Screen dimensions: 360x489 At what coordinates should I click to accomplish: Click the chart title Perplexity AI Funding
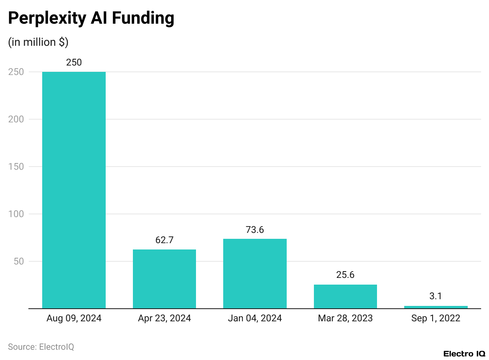tap(91, 19)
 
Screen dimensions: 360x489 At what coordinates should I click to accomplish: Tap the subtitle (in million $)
tap(38, 42)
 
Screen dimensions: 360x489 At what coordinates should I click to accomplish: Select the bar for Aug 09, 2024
tap(74, 190)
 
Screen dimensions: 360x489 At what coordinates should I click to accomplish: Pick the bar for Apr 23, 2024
tap(164, 279)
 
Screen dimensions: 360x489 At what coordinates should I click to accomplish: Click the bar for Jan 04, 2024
tap(255, 274)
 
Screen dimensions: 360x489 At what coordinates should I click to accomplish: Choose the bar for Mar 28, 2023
tap(345, 296)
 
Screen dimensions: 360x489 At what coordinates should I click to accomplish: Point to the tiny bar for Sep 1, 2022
tap(436, 307)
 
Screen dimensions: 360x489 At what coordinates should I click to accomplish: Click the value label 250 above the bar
tap(74, 62)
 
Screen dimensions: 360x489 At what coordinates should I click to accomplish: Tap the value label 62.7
tap(164, 240)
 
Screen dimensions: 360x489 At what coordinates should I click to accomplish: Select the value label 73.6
tap(255, 230)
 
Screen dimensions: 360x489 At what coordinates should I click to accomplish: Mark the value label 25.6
tap(345, 275)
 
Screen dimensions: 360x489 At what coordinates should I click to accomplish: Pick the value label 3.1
tap(436, 296)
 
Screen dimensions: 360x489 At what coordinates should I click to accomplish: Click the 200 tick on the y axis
tap(16, 119)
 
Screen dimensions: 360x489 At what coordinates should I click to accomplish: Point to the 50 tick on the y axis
tap(19, 261)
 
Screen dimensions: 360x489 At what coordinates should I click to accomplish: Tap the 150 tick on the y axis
tap(16, 167)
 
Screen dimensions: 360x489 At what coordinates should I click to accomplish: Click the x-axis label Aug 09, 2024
tap(74, 319)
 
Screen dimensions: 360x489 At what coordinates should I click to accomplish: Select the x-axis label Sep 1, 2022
tap(436, 319)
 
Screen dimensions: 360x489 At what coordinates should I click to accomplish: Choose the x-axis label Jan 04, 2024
tap(255, 319)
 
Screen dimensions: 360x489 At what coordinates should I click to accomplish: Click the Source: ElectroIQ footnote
tap(41, 347)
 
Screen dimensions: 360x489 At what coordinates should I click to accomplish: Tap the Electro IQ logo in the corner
tap(464, 353)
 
